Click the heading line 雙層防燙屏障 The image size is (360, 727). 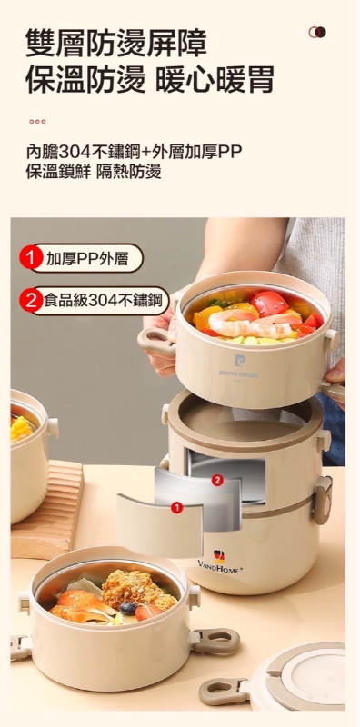pos(116,43)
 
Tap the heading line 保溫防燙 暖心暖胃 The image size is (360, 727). pos(149,79)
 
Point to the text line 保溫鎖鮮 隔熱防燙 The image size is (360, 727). pos(94,172)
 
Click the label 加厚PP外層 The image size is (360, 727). pos(86,259)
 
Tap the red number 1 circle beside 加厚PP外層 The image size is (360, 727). pos(29,259)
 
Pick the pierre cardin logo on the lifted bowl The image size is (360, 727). pos(239,366)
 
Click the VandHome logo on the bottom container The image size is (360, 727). pos(219,562)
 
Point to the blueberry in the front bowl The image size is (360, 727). pos(128,608)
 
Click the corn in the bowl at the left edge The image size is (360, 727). pos(21,428)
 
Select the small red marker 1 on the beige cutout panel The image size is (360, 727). pos(175,508)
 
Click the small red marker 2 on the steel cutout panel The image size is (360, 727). pos(217,480)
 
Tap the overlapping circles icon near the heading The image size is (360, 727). pos(317,32)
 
